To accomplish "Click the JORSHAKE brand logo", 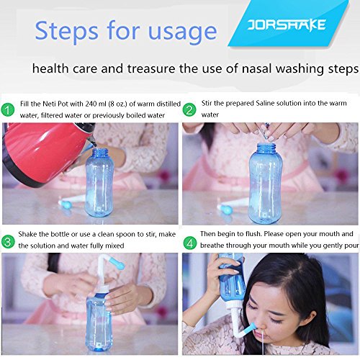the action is coord(287,26).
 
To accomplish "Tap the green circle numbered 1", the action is coord(8,110).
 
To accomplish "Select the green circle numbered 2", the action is coord(189,110).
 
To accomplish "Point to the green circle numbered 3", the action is coord(8,241).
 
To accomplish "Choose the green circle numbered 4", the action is coord(190,243).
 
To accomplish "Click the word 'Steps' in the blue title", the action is coord(66,30).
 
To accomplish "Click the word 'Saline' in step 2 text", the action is coord(265,103).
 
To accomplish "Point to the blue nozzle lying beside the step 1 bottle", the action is coord(65,204).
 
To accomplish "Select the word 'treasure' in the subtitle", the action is coord(151,69).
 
